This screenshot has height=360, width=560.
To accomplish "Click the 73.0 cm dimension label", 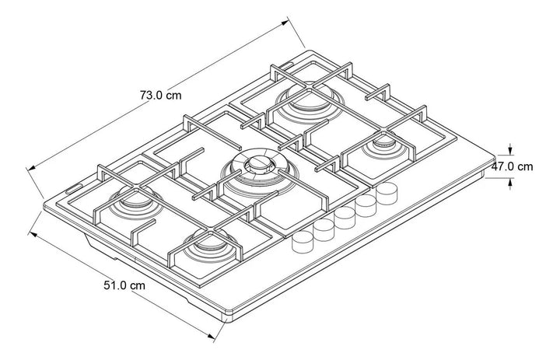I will [161, 96].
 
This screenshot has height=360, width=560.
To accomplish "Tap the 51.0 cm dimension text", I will [124, 285].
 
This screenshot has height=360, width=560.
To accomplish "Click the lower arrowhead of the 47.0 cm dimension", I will [509, 183].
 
